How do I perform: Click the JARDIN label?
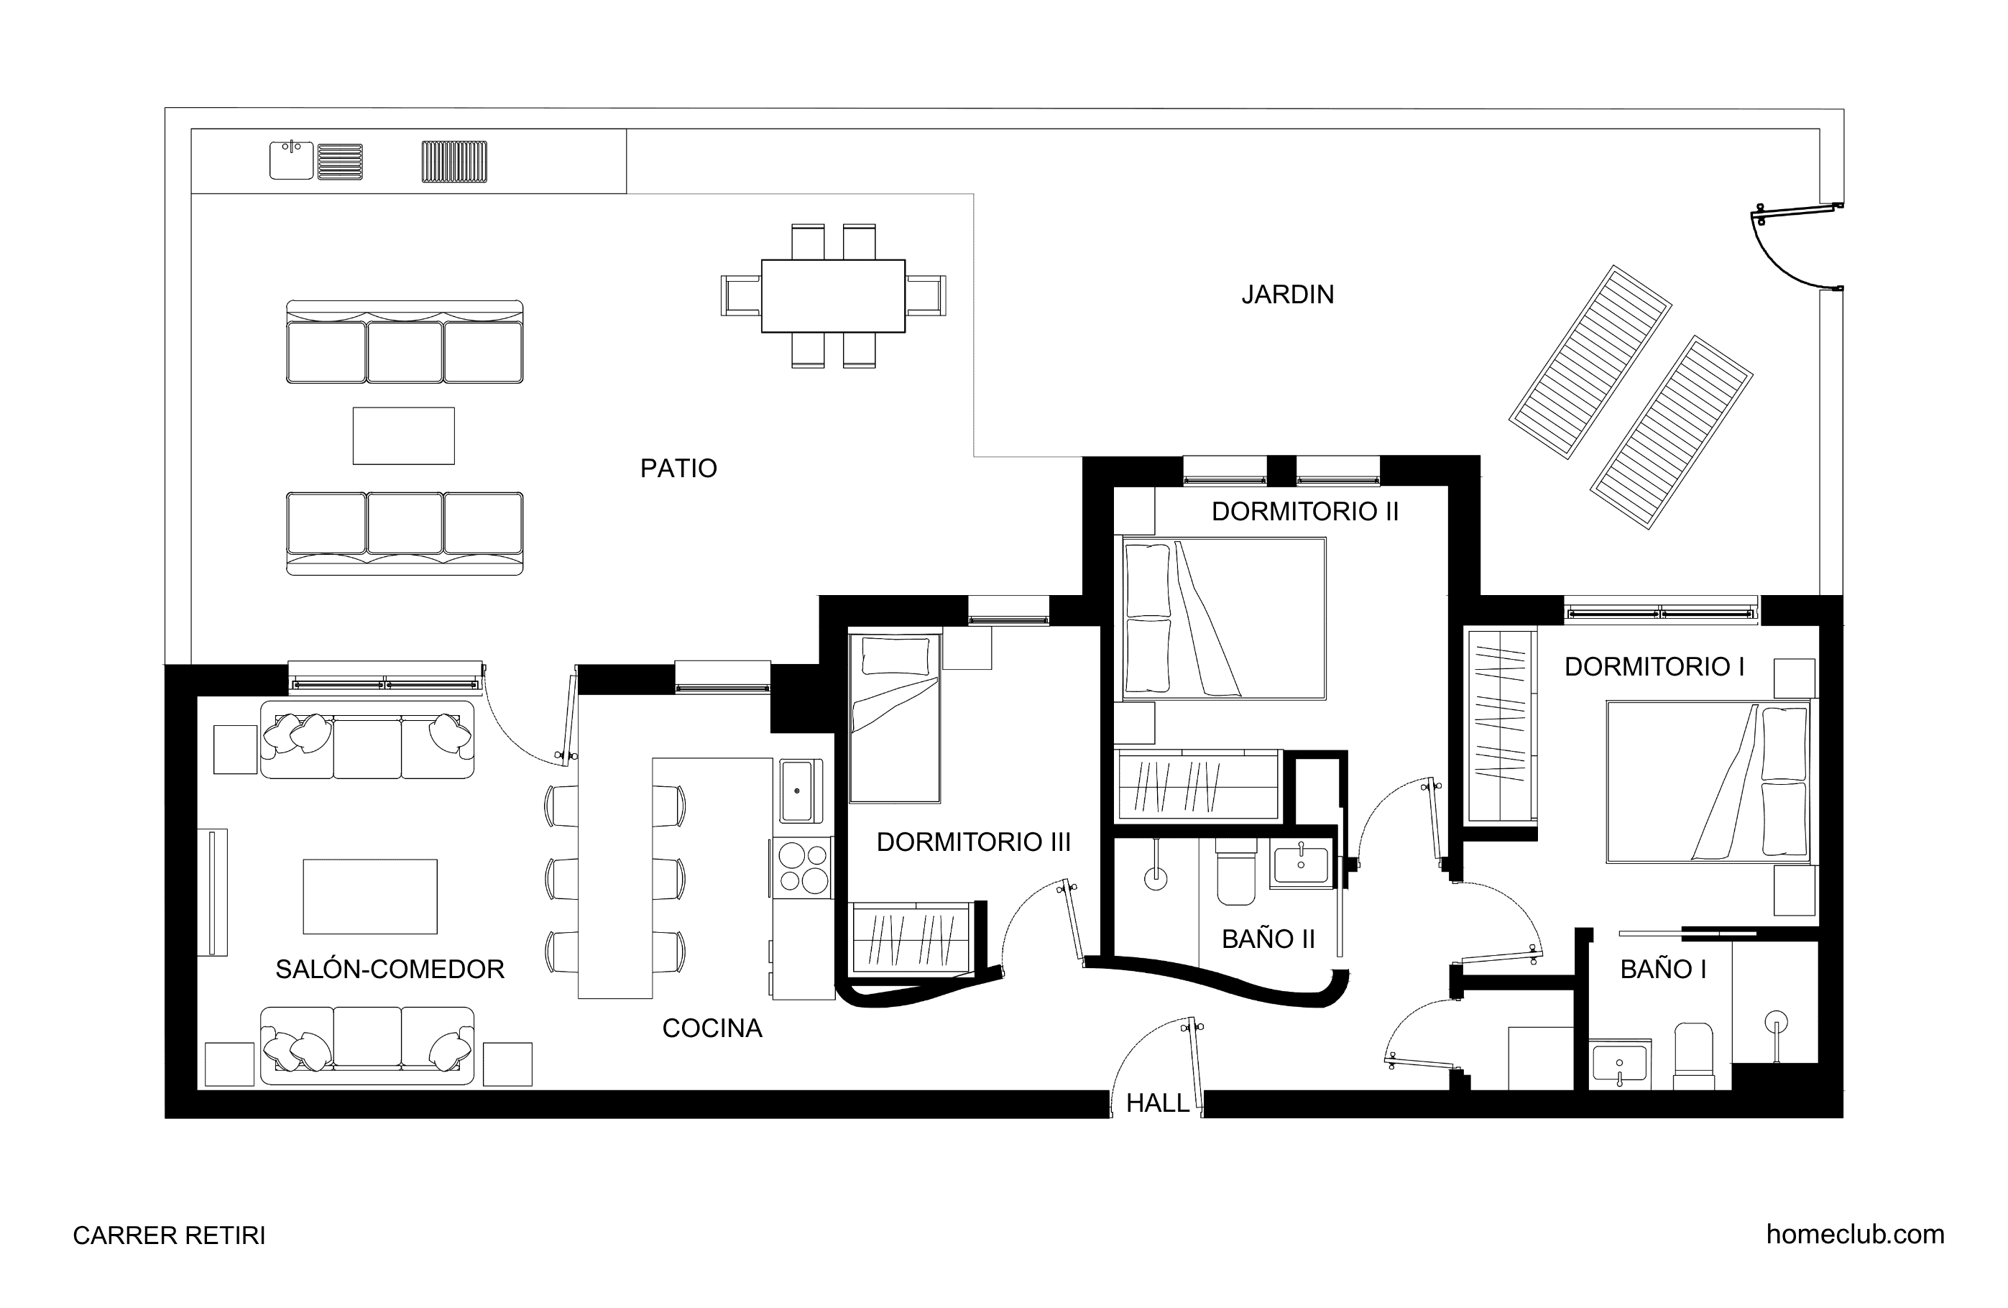[1287, 295]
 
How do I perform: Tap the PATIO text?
[678, 469]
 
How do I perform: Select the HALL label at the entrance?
[1158, 1103]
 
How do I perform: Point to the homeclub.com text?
[1856, 1235]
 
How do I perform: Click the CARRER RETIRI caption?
[169, 1235]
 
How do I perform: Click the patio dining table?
[833, 296]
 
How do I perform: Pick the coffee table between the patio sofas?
[403, 436]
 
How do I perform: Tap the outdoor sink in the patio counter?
[291, 160]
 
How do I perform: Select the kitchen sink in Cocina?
[796, 791]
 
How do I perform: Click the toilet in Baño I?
[1693, 1054]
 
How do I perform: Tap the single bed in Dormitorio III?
[894, 718]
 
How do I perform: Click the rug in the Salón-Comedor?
[369, 896]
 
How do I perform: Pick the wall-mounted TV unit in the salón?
[213, 893]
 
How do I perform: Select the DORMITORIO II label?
[1305, 512]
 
